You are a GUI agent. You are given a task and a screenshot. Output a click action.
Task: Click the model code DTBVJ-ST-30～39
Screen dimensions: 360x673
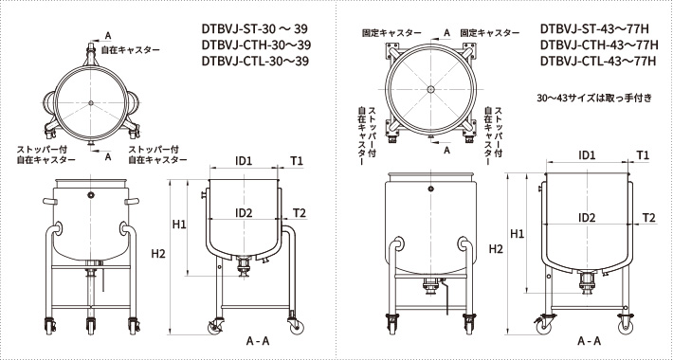point(256,28)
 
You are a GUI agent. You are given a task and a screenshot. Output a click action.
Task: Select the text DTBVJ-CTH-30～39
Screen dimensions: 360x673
point(256,45)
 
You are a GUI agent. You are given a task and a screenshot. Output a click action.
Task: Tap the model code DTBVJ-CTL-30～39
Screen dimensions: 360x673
point(256,63)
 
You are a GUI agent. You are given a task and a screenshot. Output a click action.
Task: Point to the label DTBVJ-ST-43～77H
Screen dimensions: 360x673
point(598,28)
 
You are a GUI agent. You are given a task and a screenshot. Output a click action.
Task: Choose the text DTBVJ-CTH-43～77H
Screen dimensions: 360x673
point(598,45)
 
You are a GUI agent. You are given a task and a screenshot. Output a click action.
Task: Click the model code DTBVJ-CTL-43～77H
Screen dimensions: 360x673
point(598,63)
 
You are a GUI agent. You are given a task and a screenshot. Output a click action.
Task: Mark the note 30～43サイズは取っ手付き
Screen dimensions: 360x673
point(594,98)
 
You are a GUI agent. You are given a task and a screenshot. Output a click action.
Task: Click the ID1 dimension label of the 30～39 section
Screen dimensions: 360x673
point(244,162)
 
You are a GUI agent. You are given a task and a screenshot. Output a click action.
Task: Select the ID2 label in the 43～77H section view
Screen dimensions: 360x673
point(587,217)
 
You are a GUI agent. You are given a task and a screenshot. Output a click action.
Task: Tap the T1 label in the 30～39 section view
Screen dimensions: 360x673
point(298,162)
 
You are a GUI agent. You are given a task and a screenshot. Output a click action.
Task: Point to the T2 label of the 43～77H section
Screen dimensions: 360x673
point(649,217)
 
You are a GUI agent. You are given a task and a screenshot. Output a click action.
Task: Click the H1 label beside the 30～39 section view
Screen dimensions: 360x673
point(179,224)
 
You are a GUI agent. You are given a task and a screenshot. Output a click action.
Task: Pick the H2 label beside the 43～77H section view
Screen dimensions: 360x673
point(497,248)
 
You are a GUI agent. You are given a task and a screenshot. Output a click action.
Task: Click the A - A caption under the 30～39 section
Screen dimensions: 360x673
point(258,340)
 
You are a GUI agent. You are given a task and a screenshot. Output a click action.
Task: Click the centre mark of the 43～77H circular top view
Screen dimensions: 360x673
point(431,90)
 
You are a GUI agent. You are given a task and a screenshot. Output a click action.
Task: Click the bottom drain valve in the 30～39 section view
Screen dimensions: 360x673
point(246,266)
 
